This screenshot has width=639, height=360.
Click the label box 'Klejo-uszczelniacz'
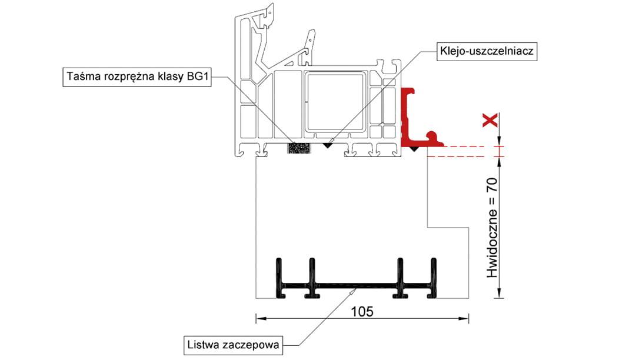(486, 51)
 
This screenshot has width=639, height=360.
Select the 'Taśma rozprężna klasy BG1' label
(137, 77)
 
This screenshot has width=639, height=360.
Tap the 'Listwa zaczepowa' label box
(233, 344)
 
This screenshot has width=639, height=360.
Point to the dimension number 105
(362, 311)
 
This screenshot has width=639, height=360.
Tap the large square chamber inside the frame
(334, 101)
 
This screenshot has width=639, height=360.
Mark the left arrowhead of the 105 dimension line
(259, 319)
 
